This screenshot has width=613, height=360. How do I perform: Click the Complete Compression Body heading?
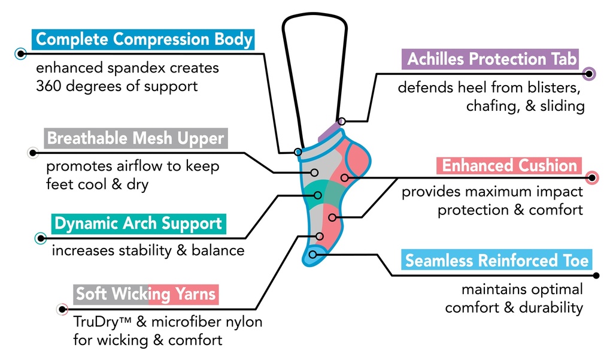click(x=144, y=40)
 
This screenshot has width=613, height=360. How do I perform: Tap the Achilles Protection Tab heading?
click(x=492, y=59)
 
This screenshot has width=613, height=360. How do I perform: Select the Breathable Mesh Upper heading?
click(x=135, y=138)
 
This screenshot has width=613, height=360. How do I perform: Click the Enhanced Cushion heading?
click(x=509, y=165)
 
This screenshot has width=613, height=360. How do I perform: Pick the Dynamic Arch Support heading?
click(x=138, y=223)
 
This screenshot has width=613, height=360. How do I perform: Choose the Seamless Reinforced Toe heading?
click(x=497, y=261)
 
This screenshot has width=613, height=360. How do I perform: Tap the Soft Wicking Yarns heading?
click(x=146, y=294)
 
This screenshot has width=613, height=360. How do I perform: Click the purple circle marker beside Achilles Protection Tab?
click(x=590, y=74)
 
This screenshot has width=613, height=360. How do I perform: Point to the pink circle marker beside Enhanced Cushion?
click(x=591, y=177)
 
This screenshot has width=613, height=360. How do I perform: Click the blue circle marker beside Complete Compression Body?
click(x=21, y=53)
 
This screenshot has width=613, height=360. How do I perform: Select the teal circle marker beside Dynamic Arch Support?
click(x=41, y=238)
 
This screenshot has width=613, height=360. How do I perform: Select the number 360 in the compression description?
click(x=50, y=86)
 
